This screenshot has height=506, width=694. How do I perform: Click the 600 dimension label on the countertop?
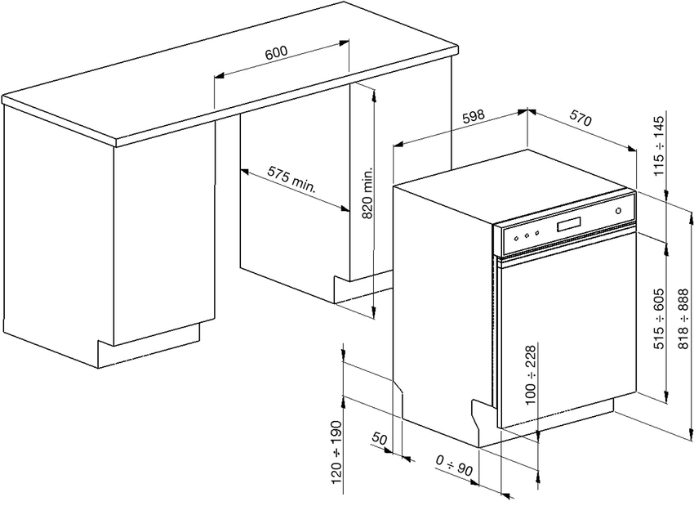coord(276,52)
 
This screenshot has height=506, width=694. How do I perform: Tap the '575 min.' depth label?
coord(292,180)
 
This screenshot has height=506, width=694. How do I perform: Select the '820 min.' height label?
coord(367,192)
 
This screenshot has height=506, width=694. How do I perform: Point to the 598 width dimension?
coord(474,116)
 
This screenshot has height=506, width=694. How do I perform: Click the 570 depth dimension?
coord(581,119)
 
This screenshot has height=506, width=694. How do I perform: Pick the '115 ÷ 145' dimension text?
coord(660,146)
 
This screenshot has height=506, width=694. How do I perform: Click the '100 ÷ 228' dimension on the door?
coord(530,374)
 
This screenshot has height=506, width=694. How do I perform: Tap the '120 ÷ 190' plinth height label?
coord(337,451)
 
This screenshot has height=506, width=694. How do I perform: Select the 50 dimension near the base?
coord(380,439)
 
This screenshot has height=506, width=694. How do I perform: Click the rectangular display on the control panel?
coord(570,224)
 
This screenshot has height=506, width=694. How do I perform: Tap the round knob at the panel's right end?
coord(618,211)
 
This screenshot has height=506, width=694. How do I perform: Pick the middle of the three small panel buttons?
coord(527,235)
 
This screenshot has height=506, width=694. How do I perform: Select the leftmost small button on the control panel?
coord(516,238)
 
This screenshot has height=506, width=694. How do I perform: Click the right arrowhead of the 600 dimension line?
coord(345,43)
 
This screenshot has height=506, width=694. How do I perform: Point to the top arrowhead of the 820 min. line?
coord(375,94)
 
